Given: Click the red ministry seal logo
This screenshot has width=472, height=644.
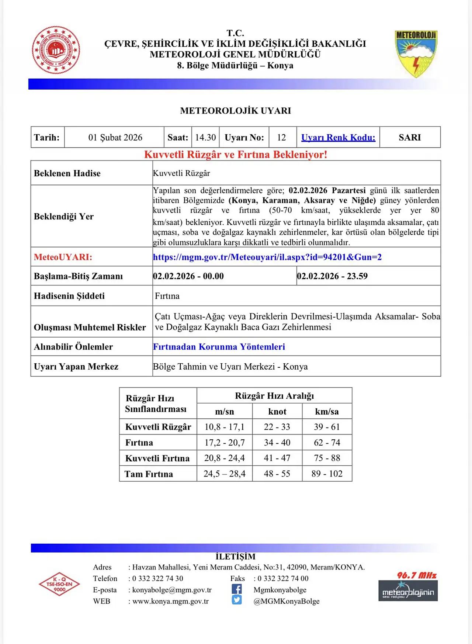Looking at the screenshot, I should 56,50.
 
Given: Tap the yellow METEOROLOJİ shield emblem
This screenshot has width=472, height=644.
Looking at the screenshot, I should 416,53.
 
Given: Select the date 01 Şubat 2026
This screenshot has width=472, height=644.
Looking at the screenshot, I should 115,138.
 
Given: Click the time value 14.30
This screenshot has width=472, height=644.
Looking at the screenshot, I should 205,138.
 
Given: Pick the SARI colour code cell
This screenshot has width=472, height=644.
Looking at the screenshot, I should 410,138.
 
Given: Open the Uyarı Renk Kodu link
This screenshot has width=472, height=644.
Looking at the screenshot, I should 338,138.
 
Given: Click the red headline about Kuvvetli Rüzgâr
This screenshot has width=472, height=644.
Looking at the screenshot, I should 236,155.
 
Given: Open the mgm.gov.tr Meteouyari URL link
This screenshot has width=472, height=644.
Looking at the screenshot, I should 267,257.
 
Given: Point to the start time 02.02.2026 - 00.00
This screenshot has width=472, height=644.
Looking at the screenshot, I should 188,276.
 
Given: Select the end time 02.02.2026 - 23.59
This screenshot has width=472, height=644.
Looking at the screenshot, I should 332,276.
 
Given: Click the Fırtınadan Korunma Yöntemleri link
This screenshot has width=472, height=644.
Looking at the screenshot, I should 219,347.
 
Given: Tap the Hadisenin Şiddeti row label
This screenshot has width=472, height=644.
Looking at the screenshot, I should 69,296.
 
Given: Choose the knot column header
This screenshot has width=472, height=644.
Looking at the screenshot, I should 277,412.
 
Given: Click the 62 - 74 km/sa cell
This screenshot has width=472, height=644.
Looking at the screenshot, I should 327,443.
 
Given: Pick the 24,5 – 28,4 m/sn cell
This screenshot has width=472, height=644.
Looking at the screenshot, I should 225,474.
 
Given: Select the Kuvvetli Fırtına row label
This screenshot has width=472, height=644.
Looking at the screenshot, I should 157,458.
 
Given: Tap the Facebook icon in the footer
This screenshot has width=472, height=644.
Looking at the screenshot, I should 237,589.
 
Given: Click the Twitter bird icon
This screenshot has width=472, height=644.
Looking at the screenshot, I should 237,600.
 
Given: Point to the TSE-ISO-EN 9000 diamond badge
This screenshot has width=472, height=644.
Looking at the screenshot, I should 59,584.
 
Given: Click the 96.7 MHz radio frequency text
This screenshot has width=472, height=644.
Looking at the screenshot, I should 417,575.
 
